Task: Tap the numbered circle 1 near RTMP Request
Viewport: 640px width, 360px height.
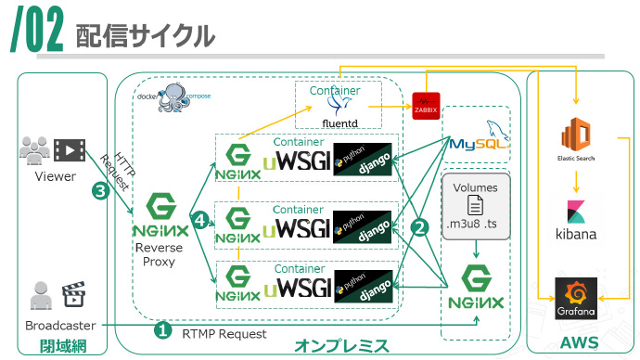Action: point(162,329)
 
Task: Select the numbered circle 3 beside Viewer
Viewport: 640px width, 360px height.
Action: point(100,192)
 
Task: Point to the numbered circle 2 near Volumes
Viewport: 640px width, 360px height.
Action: point(419,225)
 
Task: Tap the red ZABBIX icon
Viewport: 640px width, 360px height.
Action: point(426,106)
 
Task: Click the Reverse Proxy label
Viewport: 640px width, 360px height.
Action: point(159,255)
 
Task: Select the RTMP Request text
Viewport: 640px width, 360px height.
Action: point(224,333)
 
